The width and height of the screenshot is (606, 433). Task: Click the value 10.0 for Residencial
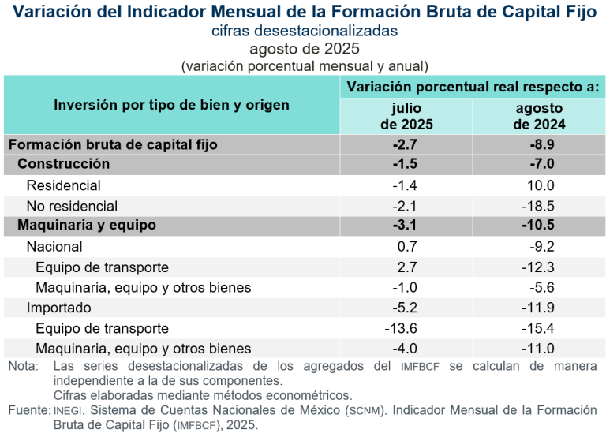(540, 185)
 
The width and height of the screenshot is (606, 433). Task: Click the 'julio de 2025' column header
(406, 116)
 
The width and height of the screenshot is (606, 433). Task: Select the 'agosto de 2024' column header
(539, 116)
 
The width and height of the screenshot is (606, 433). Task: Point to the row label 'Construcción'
(63, 164)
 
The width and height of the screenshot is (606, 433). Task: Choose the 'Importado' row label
(59, 308)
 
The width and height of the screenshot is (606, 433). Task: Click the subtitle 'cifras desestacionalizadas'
(304, 31)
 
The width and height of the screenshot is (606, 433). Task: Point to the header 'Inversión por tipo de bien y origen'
(171, 105)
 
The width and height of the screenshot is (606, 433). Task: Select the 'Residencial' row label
(64, 185)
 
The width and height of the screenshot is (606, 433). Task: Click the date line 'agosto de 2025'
(304, 49)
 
